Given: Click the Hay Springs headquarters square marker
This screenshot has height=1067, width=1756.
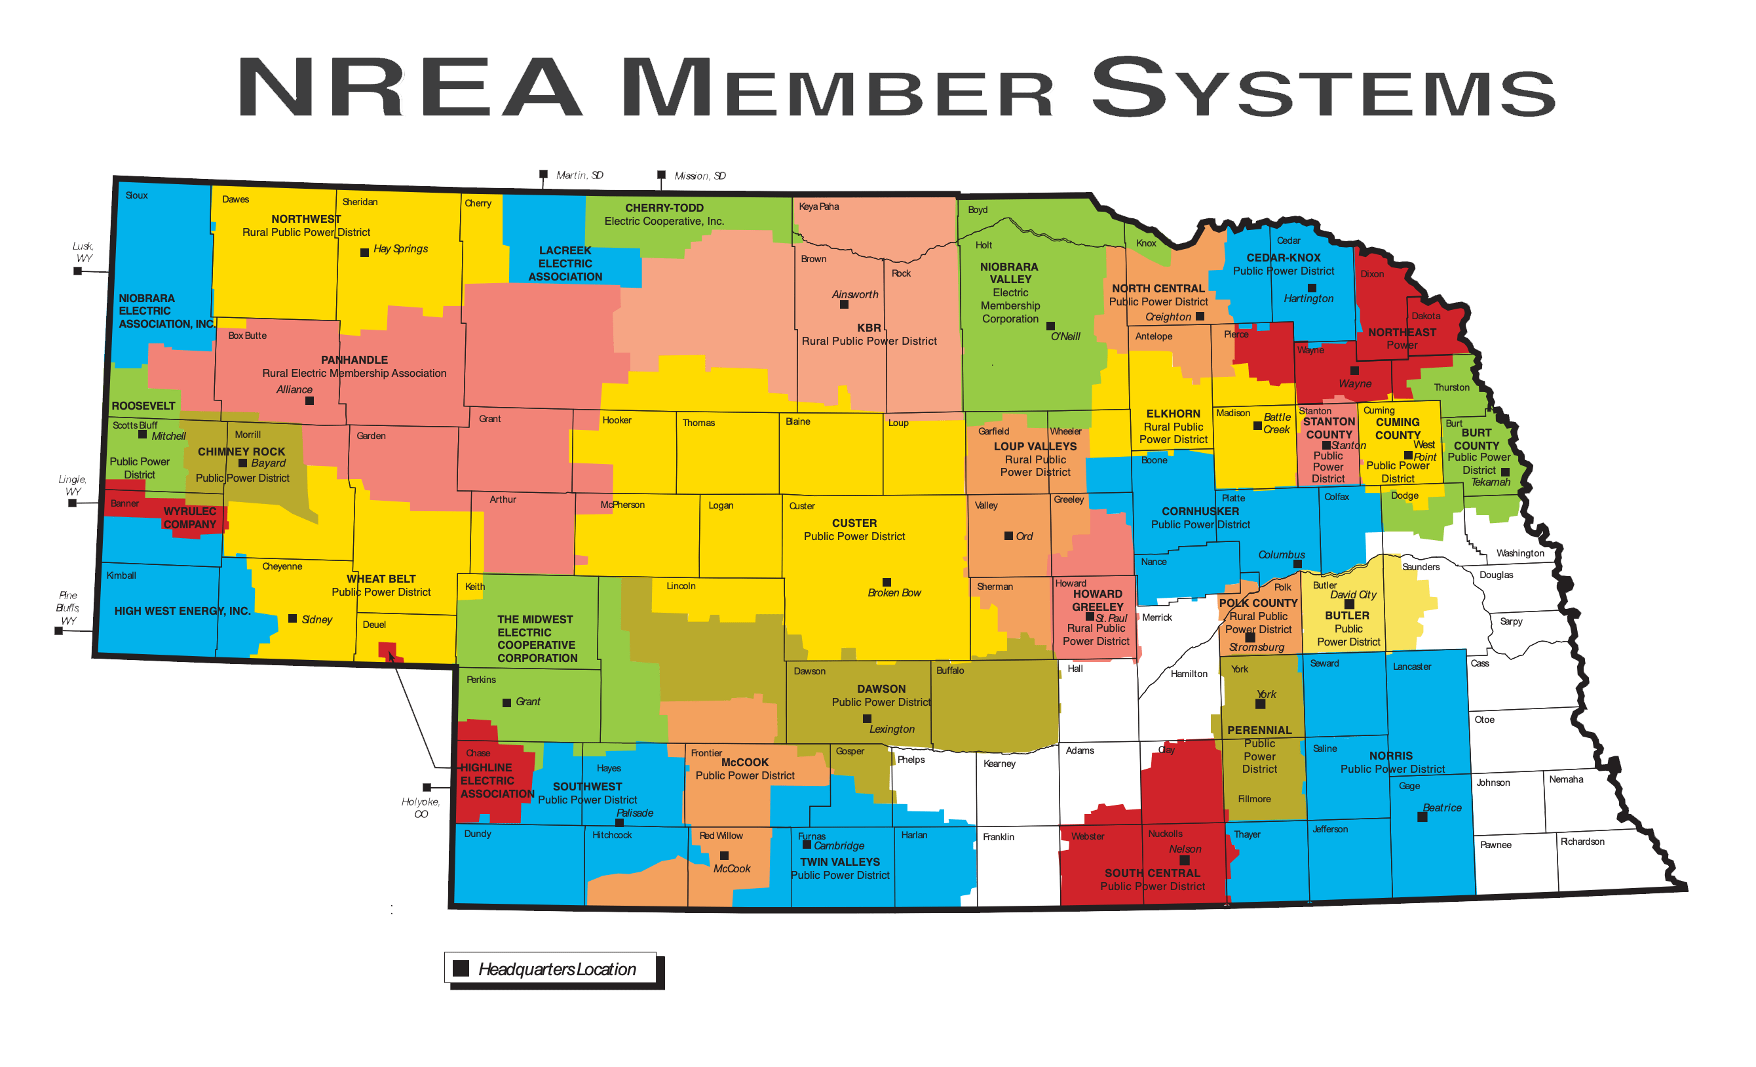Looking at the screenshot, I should coord(364,252).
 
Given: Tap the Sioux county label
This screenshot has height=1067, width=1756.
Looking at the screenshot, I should coord(136,195).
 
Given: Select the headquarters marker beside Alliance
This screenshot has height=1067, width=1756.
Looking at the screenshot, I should coord(309,400).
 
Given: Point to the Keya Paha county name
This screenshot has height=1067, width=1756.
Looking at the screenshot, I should coord(818,206).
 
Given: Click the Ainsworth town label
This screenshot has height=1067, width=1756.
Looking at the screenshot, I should coord(854,294).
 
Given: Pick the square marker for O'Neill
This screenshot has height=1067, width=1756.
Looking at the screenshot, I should coord(1050,326).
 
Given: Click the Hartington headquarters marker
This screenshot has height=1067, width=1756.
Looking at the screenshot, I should coord(1311,288).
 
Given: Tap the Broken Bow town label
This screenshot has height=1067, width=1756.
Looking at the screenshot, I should coord(894,593).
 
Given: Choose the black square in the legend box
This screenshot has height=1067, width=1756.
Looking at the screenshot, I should coord(461,968).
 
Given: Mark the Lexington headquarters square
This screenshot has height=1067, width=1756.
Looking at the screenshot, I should coord(868,718).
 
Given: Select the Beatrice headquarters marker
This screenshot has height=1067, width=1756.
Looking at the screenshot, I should coord(1422,817).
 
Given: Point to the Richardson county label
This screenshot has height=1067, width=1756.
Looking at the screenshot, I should coord(1582,842).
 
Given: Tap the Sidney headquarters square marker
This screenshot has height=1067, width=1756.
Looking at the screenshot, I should coord(292,619).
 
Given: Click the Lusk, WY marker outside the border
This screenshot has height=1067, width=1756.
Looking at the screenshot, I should coord(78,271).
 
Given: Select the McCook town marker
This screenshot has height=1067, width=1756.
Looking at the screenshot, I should coord(724,855).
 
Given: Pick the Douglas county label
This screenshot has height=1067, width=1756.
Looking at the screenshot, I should coord(1496,575).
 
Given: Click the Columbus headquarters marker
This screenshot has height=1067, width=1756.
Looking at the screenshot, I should coord(1297,564).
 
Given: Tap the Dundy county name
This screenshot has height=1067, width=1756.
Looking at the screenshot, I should coord(478,834).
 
